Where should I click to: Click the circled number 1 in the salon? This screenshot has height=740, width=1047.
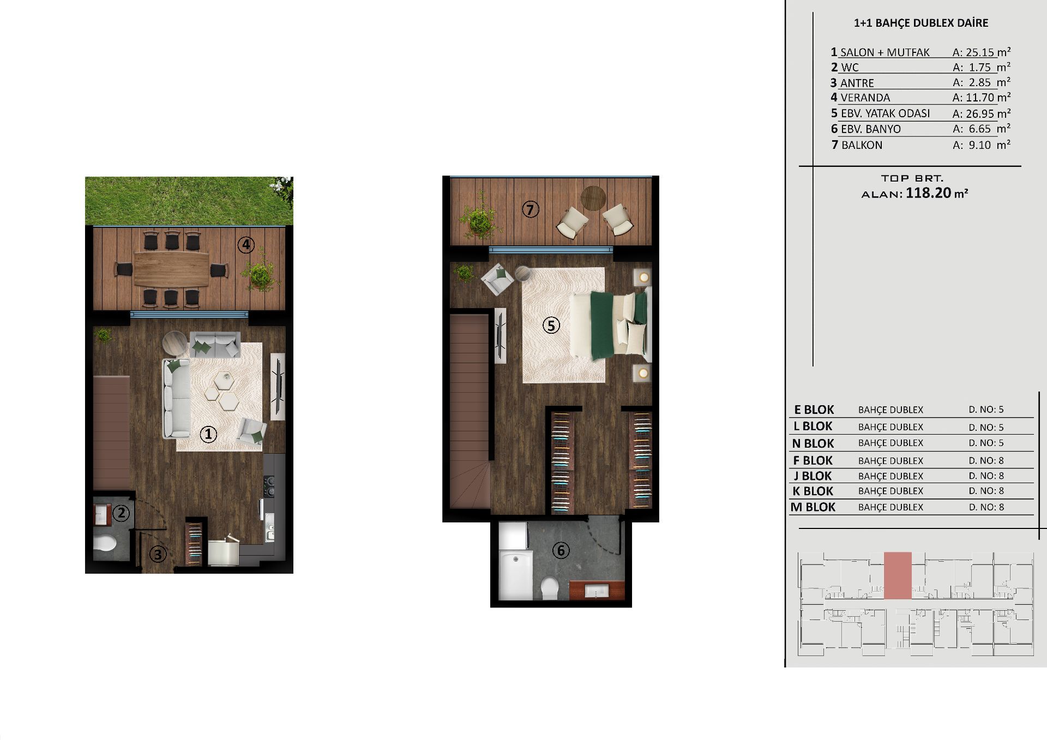click(x=208, y=434)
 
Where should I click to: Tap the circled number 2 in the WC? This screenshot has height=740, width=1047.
click(x=121, y=513)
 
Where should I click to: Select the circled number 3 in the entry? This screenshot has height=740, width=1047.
click(x=158, y=555)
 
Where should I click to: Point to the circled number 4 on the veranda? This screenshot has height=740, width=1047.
click(x=246, y=245)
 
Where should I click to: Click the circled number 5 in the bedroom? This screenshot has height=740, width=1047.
click(x=551, y=326)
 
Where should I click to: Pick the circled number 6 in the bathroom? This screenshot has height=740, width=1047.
click(x=561, y=550)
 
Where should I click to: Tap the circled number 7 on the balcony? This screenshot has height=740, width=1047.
click(x=531, y=209)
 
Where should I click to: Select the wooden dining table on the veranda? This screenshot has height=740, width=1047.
click(x=171, y=268)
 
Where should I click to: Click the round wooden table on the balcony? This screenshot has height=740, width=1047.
click(x=593, y=197)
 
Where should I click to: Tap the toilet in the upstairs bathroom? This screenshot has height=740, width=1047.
click(x=550, y=588)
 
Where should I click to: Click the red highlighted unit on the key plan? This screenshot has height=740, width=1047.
click(x=898, y=576)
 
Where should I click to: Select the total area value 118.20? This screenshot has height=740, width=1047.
click(x=929, y=192)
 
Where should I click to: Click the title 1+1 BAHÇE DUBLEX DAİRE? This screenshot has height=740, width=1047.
click(x=921, y=23)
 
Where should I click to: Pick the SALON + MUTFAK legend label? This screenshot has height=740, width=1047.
click(x=885, y=52)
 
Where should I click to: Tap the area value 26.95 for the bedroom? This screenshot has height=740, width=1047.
click(x=980, y=113)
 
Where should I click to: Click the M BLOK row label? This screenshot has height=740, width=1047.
click(x=813, y=507)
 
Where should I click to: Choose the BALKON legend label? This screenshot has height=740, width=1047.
click(x=862, y=145)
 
